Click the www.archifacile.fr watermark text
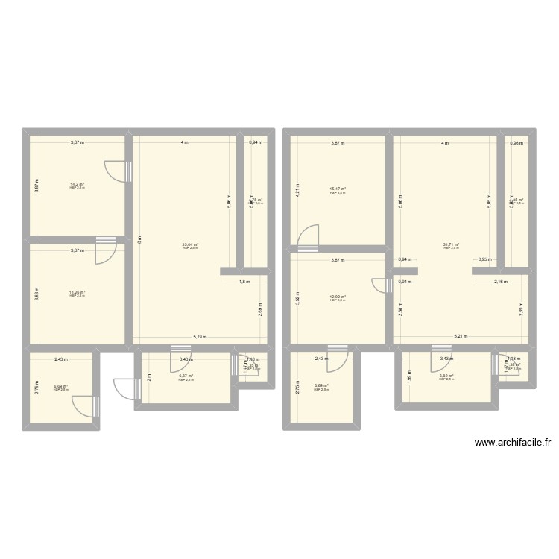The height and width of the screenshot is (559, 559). pyautogui.click(x=513, y=442)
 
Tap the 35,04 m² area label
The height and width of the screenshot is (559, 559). pyautogui.click(x=190, y=244)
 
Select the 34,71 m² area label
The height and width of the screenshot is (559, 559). pyautogui.click(x=451, y=244)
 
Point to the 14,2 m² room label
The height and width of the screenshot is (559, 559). pyautogui.click(x=77, y=185)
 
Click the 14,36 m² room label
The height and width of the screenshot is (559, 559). pyautogui.click(x=77, y=293)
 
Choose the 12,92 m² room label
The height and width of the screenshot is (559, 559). pyautogui.click(x=338, y=297)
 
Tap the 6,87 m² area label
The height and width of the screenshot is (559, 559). pyautogui.click(x=186, y=376)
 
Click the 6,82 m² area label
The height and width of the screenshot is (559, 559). pyautogui.click(x=446, y=376)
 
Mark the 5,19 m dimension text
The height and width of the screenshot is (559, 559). pyautogui.click(x=200, y=337)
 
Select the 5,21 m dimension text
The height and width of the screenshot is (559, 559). pyautogui.click(x=461, y=337)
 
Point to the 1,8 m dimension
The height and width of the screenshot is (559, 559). pyautogui.click(x=244, y=282)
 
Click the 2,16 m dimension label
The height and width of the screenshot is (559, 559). pyautogui.click(x=500, y=282)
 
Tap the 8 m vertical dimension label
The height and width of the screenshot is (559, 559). pyautogui.click(x=139, y=239)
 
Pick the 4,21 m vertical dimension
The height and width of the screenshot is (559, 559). pyautogui.click(x=296, y=189)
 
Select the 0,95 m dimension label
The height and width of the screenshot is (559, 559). pyautogui.click(x=484, y=260)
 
